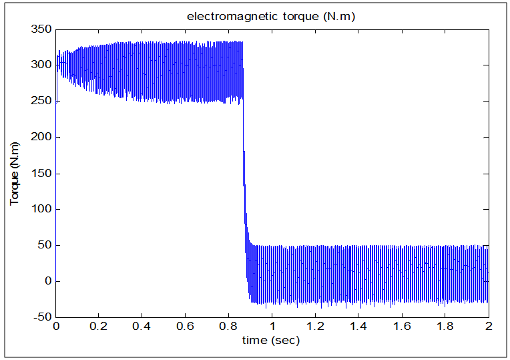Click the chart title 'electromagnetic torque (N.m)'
click(270, 17)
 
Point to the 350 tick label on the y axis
click(42, 29)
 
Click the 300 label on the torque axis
click(42, 65)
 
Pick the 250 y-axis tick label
click(42, 101)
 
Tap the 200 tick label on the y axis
click(42, 137)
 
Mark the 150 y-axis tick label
click(42, 173)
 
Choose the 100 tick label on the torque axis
click(42, 209)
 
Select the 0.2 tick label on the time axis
click(99, 327)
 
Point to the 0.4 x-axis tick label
click(142, 327)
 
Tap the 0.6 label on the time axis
click(186, 327)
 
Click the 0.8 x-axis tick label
click(229, 327)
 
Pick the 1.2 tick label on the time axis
click(315, 327)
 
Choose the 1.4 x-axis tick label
click(358, 327)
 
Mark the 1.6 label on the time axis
click(402, 327)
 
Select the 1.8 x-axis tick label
click(445, 327)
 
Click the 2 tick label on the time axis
click(489, 327)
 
